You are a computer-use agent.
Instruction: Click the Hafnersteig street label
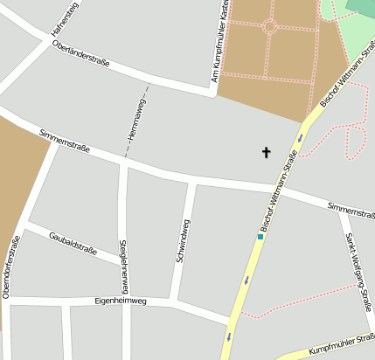pos(65,18)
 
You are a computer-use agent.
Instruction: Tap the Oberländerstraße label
pos(80,54)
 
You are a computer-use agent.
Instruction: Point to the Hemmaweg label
pos(135,121)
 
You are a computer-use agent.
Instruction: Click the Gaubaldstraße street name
pos(73,244)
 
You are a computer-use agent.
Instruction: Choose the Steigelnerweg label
pos(126,265)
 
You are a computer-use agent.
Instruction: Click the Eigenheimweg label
pos(120,301)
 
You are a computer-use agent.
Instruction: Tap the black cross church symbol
pos(266,153)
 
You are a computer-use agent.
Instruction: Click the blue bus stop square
pos(260,236)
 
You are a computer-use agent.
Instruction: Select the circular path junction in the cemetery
pos(269,27)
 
